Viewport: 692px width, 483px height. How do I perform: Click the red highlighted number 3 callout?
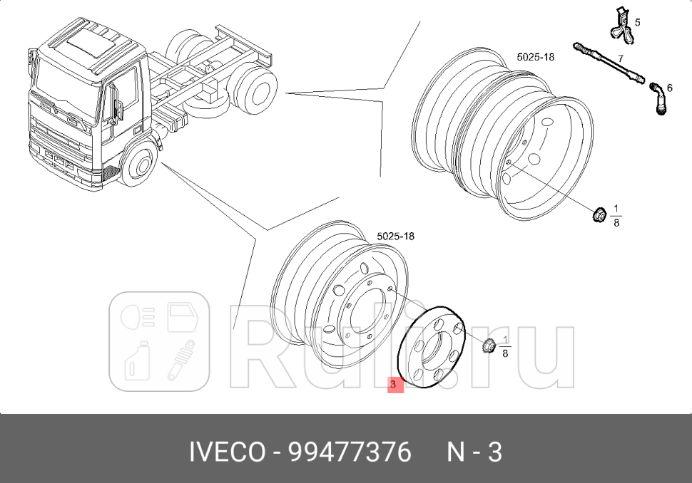click(395, 385)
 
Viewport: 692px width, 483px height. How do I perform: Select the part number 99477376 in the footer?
click(350, 452)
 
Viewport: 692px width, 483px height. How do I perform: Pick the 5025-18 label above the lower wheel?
click(395, 236)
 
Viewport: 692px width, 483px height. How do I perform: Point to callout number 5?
click(637, 22)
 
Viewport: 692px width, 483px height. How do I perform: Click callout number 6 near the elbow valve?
click(669, 88)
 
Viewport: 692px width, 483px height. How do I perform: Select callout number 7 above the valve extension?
click(621, 58)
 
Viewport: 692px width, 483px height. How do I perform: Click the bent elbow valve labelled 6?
click(657, 97)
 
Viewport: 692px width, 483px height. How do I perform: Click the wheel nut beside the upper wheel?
click(599, 213)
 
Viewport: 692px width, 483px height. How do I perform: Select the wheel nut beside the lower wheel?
click(489, 346)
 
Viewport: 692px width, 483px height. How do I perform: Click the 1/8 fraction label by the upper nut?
click(616, 215)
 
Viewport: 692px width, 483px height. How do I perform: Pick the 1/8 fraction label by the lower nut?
click(505, 346)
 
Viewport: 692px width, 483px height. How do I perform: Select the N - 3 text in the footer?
click(474, 452)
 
